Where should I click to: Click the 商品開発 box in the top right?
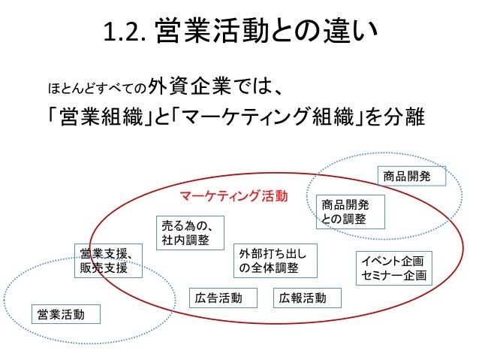coord(411,177)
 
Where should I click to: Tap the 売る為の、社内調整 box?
coord(183,232)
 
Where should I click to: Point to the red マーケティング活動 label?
coord(233,196)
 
